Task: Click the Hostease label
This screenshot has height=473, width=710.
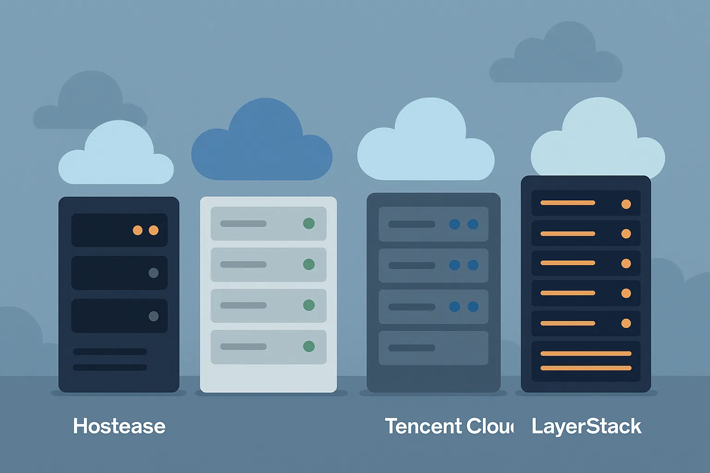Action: [119, 426]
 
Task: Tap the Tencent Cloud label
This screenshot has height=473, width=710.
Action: [449, 426]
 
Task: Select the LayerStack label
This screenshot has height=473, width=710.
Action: [586, 426]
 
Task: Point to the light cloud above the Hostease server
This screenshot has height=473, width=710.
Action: [116, 157]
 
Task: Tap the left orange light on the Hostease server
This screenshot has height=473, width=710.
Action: [138, 230]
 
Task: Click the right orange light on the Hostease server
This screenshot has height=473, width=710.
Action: [154, 230]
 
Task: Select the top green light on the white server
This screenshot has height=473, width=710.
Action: [309, 224]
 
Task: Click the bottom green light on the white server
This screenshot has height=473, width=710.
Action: [309, 346]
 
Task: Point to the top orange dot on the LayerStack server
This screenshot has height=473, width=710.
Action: [626, 204]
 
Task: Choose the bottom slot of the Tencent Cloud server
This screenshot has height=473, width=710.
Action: [433, 348]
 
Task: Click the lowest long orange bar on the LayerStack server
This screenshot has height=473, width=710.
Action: [586, 368]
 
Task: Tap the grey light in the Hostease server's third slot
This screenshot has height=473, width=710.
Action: [153, 316]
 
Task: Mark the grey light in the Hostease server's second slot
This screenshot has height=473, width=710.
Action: [153, 273]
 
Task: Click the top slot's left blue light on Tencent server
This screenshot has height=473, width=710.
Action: [454, 224]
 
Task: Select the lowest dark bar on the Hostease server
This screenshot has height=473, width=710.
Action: [110, 368]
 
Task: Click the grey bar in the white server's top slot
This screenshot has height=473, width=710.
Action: [243, 224]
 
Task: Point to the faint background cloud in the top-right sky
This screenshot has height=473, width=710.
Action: [556, 58]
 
